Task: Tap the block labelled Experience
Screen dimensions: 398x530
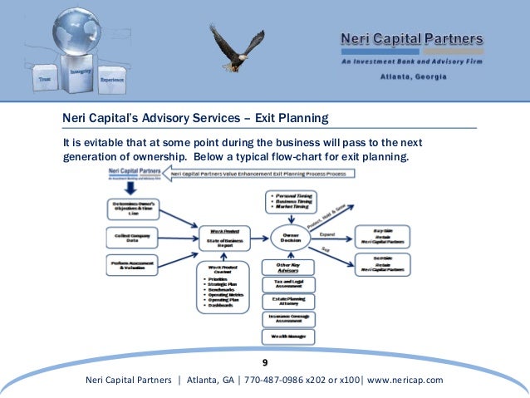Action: [111, 79]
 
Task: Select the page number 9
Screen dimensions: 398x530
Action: [265, 363]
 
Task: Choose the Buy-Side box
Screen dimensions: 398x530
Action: [382, 235]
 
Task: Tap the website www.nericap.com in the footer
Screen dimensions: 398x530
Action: [405, 380]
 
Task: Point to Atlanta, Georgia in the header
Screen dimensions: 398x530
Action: [413, 76]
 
